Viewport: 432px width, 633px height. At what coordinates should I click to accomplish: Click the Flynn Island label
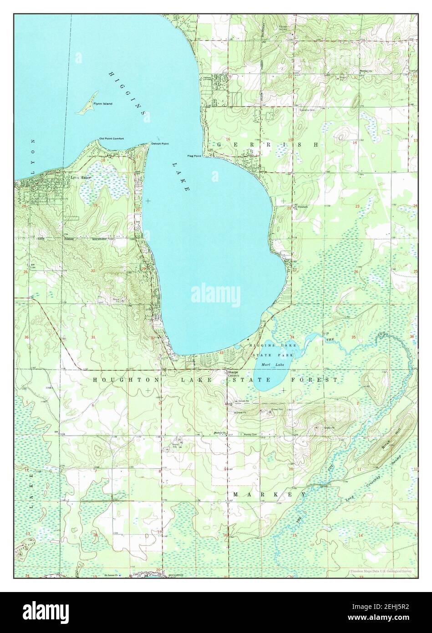click(x=103, y=104)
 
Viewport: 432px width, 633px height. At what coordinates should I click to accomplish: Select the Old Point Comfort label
click(x=112, y=138)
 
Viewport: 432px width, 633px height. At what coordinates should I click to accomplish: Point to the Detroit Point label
click(x=160, y=143)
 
